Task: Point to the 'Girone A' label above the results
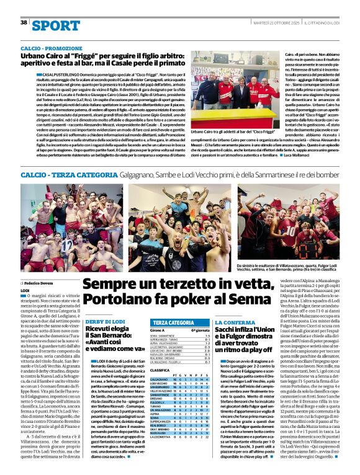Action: click(x=157, y=331)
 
